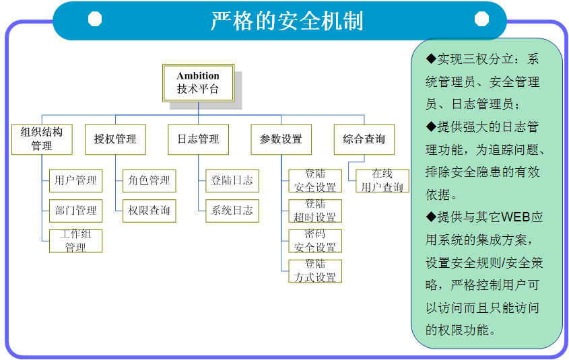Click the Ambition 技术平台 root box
coord(199,83)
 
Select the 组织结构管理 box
coord(42,139)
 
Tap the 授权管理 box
coord(115,139)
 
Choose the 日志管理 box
coord(198,139)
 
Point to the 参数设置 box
coord(281,139)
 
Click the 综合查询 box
coord(364,139)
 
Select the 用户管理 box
coord(75,180)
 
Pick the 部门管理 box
coord(75,211)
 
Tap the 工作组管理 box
coord(75,241)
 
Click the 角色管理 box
coord(149,180)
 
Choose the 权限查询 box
coord(149,211)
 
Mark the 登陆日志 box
coord(232,180)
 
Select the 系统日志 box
coord(232,211)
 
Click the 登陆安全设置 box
coord(314,180)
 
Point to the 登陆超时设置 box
coord(314,211)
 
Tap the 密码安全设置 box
coord(314,241)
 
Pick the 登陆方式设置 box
coord(314,271)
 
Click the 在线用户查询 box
coord(382,180)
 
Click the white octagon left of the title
coord(95,20)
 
